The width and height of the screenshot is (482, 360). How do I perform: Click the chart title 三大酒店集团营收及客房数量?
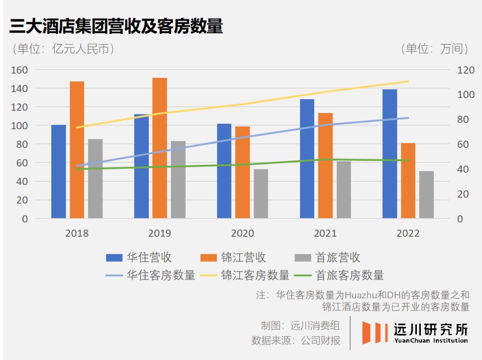[116, 27]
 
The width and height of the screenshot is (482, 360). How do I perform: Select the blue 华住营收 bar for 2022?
[390, 154]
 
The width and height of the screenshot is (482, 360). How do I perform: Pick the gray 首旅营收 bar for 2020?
[261, 194]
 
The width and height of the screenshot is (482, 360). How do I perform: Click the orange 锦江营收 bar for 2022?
[408, 181]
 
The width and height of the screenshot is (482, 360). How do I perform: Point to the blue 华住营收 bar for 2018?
[58, 172]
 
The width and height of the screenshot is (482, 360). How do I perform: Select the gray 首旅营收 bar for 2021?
[344, 190]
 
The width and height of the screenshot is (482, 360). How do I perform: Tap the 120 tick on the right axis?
[465, 70]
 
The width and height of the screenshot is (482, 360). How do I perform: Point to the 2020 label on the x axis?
[242, 234]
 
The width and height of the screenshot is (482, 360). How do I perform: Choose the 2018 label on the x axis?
[77, 234]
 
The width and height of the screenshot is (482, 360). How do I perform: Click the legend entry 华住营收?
[139, 258]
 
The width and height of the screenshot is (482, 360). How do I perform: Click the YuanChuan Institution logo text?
[431, 341]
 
